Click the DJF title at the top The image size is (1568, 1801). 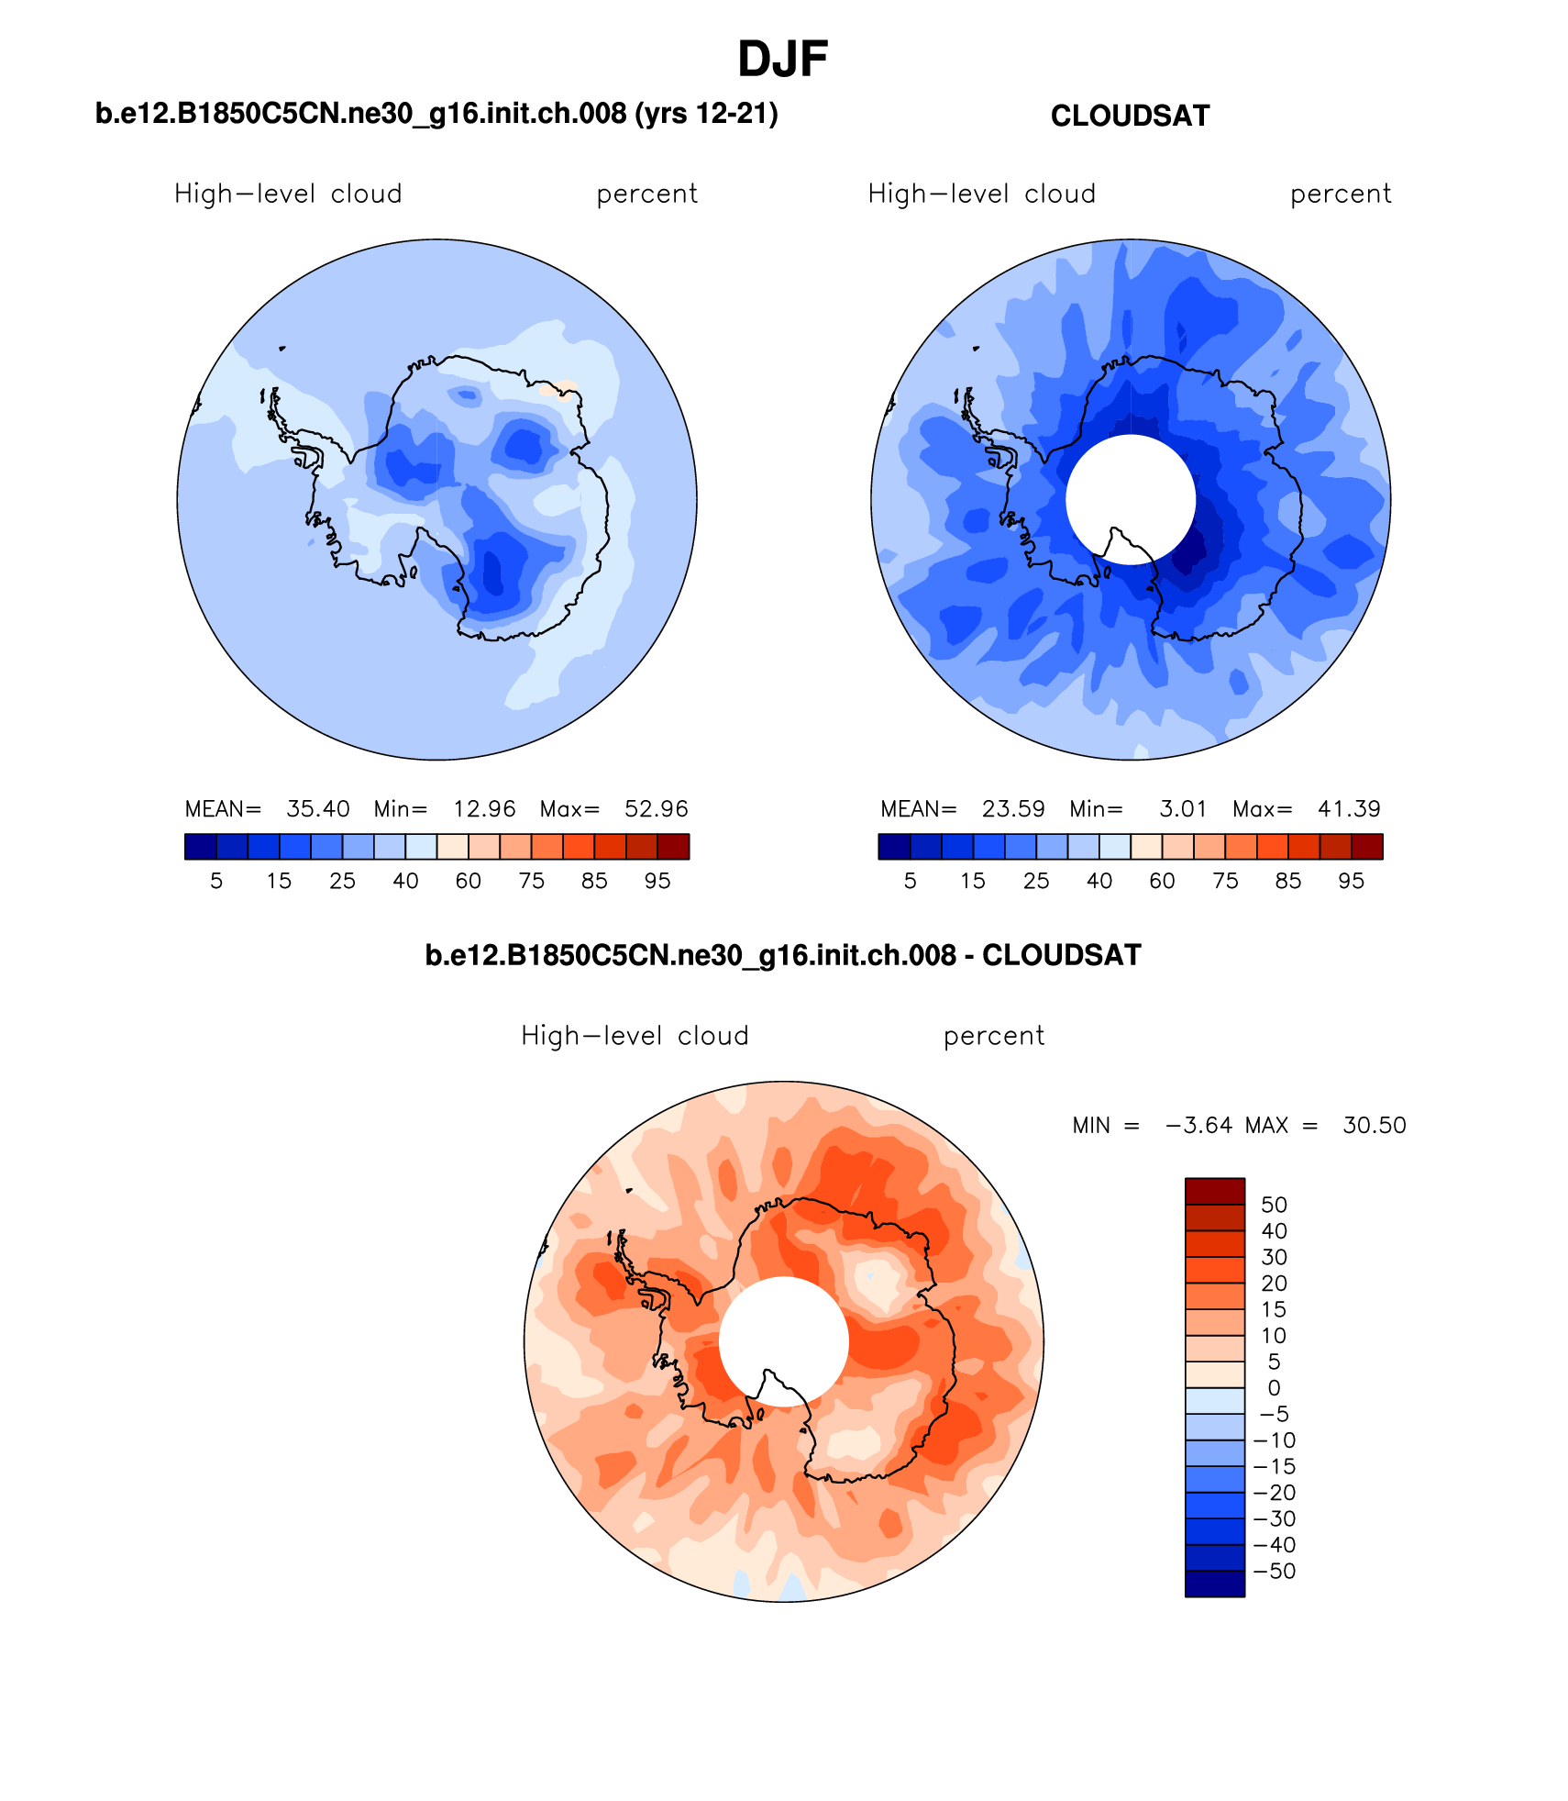click(782, 60)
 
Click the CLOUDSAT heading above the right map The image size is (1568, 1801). click(1130, 117)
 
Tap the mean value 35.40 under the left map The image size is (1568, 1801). click(317, 808)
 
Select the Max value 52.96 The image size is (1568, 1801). click(656, 808)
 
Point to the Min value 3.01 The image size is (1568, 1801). click(1183, 808)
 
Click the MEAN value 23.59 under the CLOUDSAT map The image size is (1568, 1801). click(1012, 808)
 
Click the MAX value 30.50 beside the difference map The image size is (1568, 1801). click(1374, 1125)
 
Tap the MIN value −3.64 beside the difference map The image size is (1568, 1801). click(1198, 1125)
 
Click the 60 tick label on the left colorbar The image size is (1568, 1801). click(468, 881)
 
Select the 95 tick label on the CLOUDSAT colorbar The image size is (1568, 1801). click(1351, 881)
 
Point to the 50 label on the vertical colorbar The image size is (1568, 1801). click(1274, 1205)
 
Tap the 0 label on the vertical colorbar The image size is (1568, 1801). click(1274, 1388)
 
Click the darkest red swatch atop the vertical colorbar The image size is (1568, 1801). click(1214, 1191)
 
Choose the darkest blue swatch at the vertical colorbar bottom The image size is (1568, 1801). click(1214, 1584)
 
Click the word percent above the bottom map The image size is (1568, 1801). click(993, 1036)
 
